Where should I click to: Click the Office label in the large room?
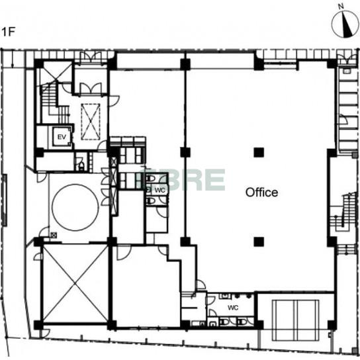[x=261, y=193]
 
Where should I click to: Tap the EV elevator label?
[x=62, y=137]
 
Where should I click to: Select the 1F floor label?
[x=8, y=32]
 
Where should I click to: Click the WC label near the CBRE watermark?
[x=159, y=190]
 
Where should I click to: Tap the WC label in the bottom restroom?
[x=233, y=308]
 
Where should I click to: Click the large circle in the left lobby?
[x=75, y=207]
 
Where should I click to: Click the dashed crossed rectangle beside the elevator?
[x=91, y=122]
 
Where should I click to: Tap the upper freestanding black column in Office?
[x=259, y=152]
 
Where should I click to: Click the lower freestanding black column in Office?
[x=259, y=242]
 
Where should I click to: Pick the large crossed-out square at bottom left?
[x=75, y=283]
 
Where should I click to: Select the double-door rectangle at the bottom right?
[x=296, y=320]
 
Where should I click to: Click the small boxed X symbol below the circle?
[x=54, y=235]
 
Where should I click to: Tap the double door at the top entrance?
[x=91, y=58]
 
